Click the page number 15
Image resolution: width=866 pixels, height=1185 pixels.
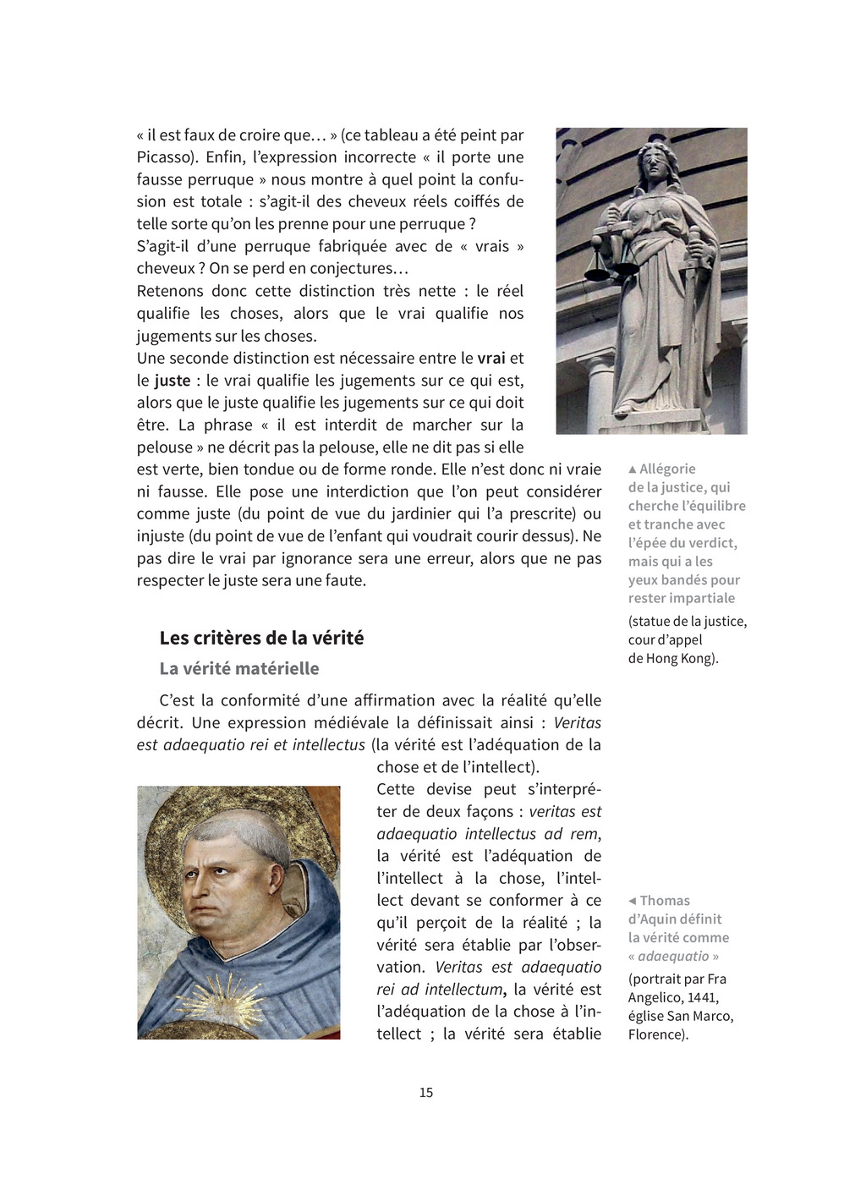click(426, 1093)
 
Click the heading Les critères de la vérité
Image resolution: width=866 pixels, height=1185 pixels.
click(261, 638)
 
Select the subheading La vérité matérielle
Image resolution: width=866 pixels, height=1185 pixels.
click(239, 668)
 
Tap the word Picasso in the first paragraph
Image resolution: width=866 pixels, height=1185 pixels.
click(166, 157)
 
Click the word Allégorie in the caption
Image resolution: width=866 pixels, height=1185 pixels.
click(667, 469)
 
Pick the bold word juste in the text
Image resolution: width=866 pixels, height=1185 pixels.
click(173, 381)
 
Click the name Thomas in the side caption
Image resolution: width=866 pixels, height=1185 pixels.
click(665, 901)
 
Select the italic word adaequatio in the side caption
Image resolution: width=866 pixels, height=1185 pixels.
click(673, 956)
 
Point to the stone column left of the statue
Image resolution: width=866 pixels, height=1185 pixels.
click(599, 389)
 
